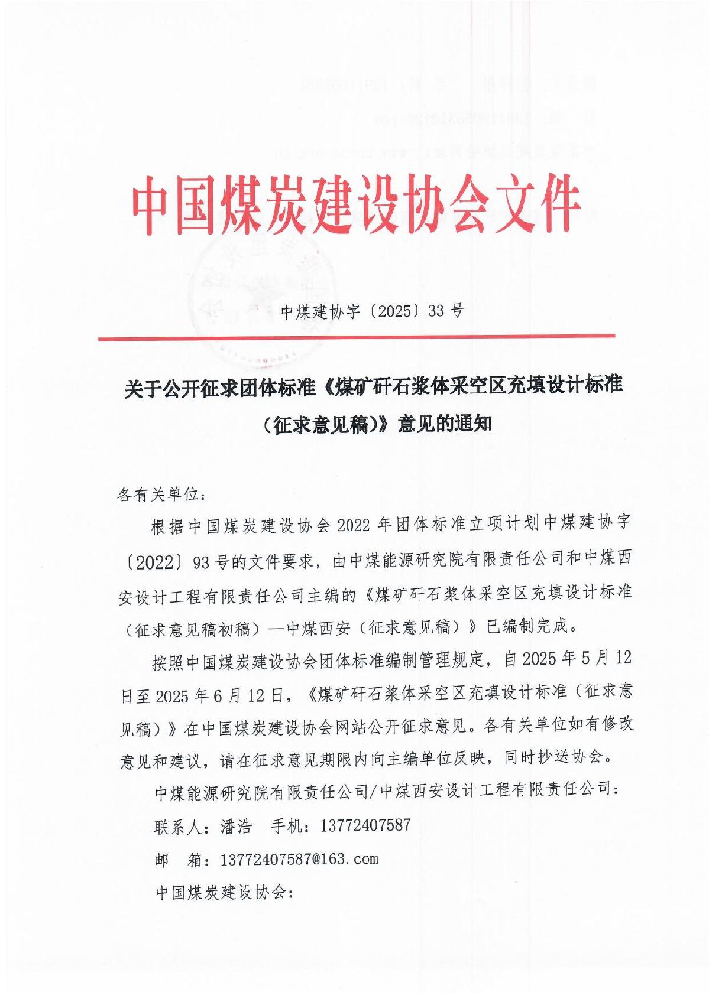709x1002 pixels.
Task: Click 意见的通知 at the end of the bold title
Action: pos(445,424)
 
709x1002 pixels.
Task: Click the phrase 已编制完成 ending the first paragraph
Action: pos(530,626)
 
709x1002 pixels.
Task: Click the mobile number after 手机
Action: pos(365,825)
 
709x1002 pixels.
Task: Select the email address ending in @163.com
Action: pos(299,859)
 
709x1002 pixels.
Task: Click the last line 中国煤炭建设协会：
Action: pos(225,893)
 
